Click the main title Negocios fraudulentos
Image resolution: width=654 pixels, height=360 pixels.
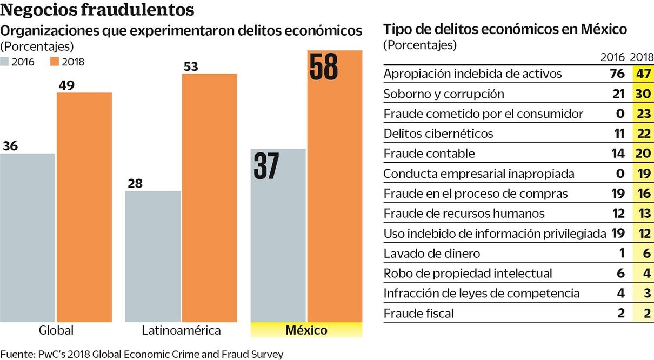tap(97, 10)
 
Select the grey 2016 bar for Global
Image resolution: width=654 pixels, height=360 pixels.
tap(28, 238)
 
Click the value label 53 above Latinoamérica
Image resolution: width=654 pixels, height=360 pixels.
tap(191, 66)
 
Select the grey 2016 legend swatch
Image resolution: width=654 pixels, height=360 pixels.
tap(5, 62)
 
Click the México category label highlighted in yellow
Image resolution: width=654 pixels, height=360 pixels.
tap(306, 330)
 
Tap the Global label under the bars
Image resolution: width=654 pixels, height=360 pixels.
tap(56, 330)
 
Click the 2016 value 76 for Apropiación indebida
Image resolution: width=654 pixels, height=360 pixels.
tap(617, 74)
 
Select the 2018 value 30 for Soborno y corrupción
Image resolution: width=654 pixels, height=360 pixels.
tap(642, 94)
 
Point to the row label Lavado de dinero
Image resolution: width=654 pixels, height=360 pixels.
tap(424, 253)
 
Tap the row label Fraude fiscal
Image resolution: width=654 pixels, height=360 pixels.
tap(418, 313)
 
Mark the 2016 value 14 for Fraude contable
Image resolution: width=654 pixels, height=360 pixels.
tap(618, 154)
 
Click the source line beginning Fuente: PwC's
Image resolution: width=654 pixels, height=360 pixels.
tap(142, 354)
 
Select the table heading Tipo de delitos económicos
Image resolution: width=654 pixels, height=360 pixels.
tap(505, 29)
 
